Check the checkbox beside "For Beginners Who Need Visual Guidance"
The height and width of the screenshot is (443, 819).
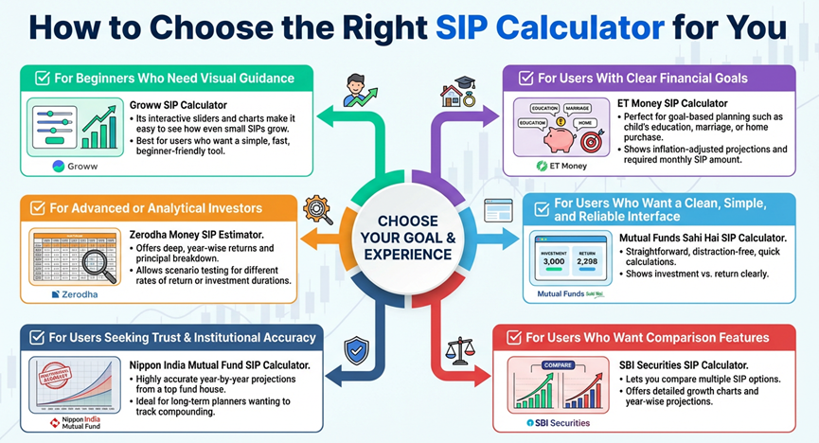(x=42, y=78)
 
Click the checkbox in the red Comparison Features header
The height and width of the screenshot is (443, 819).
(x=512, y=337)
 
